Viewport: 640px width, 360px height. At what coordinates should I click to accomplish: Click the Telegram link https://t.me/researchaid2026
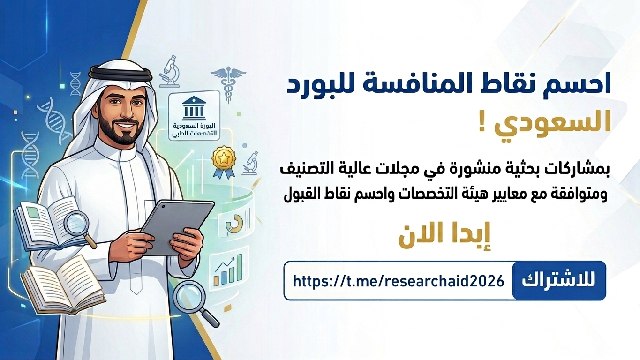coord(399,281)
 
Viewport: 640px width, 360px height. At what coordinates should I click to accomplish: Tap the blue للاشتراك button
coord(559,281)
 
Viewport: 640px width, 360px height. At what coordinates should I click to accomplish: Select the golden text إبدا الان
coord(444,235)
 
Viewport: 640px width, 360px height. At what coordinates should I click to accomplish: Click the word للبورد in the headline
coord(319,83)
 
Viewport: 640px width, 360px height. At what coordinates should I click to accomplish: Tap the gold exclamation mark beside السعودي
coord(482,123)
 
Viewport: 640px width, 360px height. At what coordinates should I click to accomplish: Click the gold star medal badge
coord(224,162)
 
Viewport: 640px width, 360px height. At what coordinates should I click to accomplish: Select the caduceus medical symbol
coord(228,84)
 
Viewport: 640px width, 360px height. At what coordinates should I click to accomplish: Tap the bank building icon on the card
coord(194,107)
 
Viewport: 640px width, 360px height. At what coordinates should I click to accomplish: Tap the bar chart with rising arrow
coord(227,270)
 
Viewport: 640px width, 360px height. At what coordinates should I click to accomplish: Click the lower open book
coord(62,285)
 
